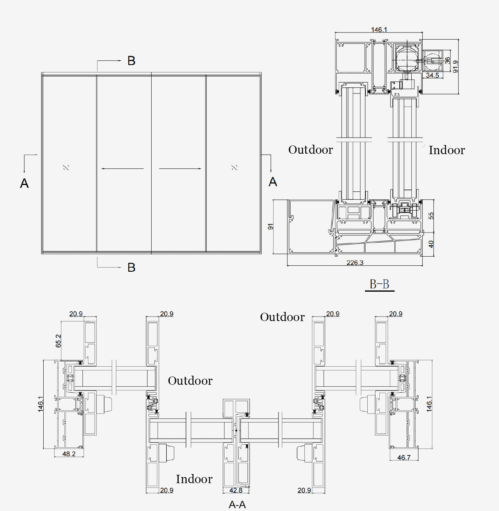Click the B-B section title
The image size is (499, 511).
click(379, 284)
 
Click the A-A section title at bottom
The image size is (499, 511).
click(237, 505)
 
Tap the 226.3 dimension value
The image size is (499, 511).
click(355, 263)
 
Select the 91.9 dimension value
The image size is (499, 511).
click(455, 66)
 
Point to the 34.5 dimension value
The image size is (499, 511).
click(432, 75)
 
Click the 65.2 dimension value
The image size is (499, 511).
click(58, 341)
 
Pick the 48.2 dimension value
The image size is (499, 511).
click(69, 454)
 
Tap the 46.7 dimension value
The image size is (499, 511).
click(404, 457)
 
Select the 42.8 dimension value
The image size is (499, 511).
click(236, 490)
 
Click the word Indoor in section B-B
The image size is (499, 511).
click(447, 150)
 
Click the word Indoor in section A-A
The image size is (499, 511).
click(194, 479)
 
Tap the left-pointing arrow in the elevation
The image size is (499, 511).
click(122, 168)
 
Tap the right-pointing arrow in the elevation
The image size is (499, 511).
click(180, 168)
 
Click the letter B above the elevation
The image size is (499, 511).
click(131, 61)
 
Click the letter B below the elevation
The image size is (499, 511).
click(131, 268)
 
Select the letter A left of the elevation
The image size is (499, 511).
click(24, 184)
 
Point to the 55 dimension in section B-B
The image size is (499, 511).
click(431, 216)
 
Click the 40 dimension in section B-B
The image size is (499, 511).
click(431, 244)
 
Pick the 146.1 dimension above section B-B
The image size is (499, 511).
click(379, 30)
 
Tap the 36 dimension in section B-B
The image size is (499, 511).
click(447, 60)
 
